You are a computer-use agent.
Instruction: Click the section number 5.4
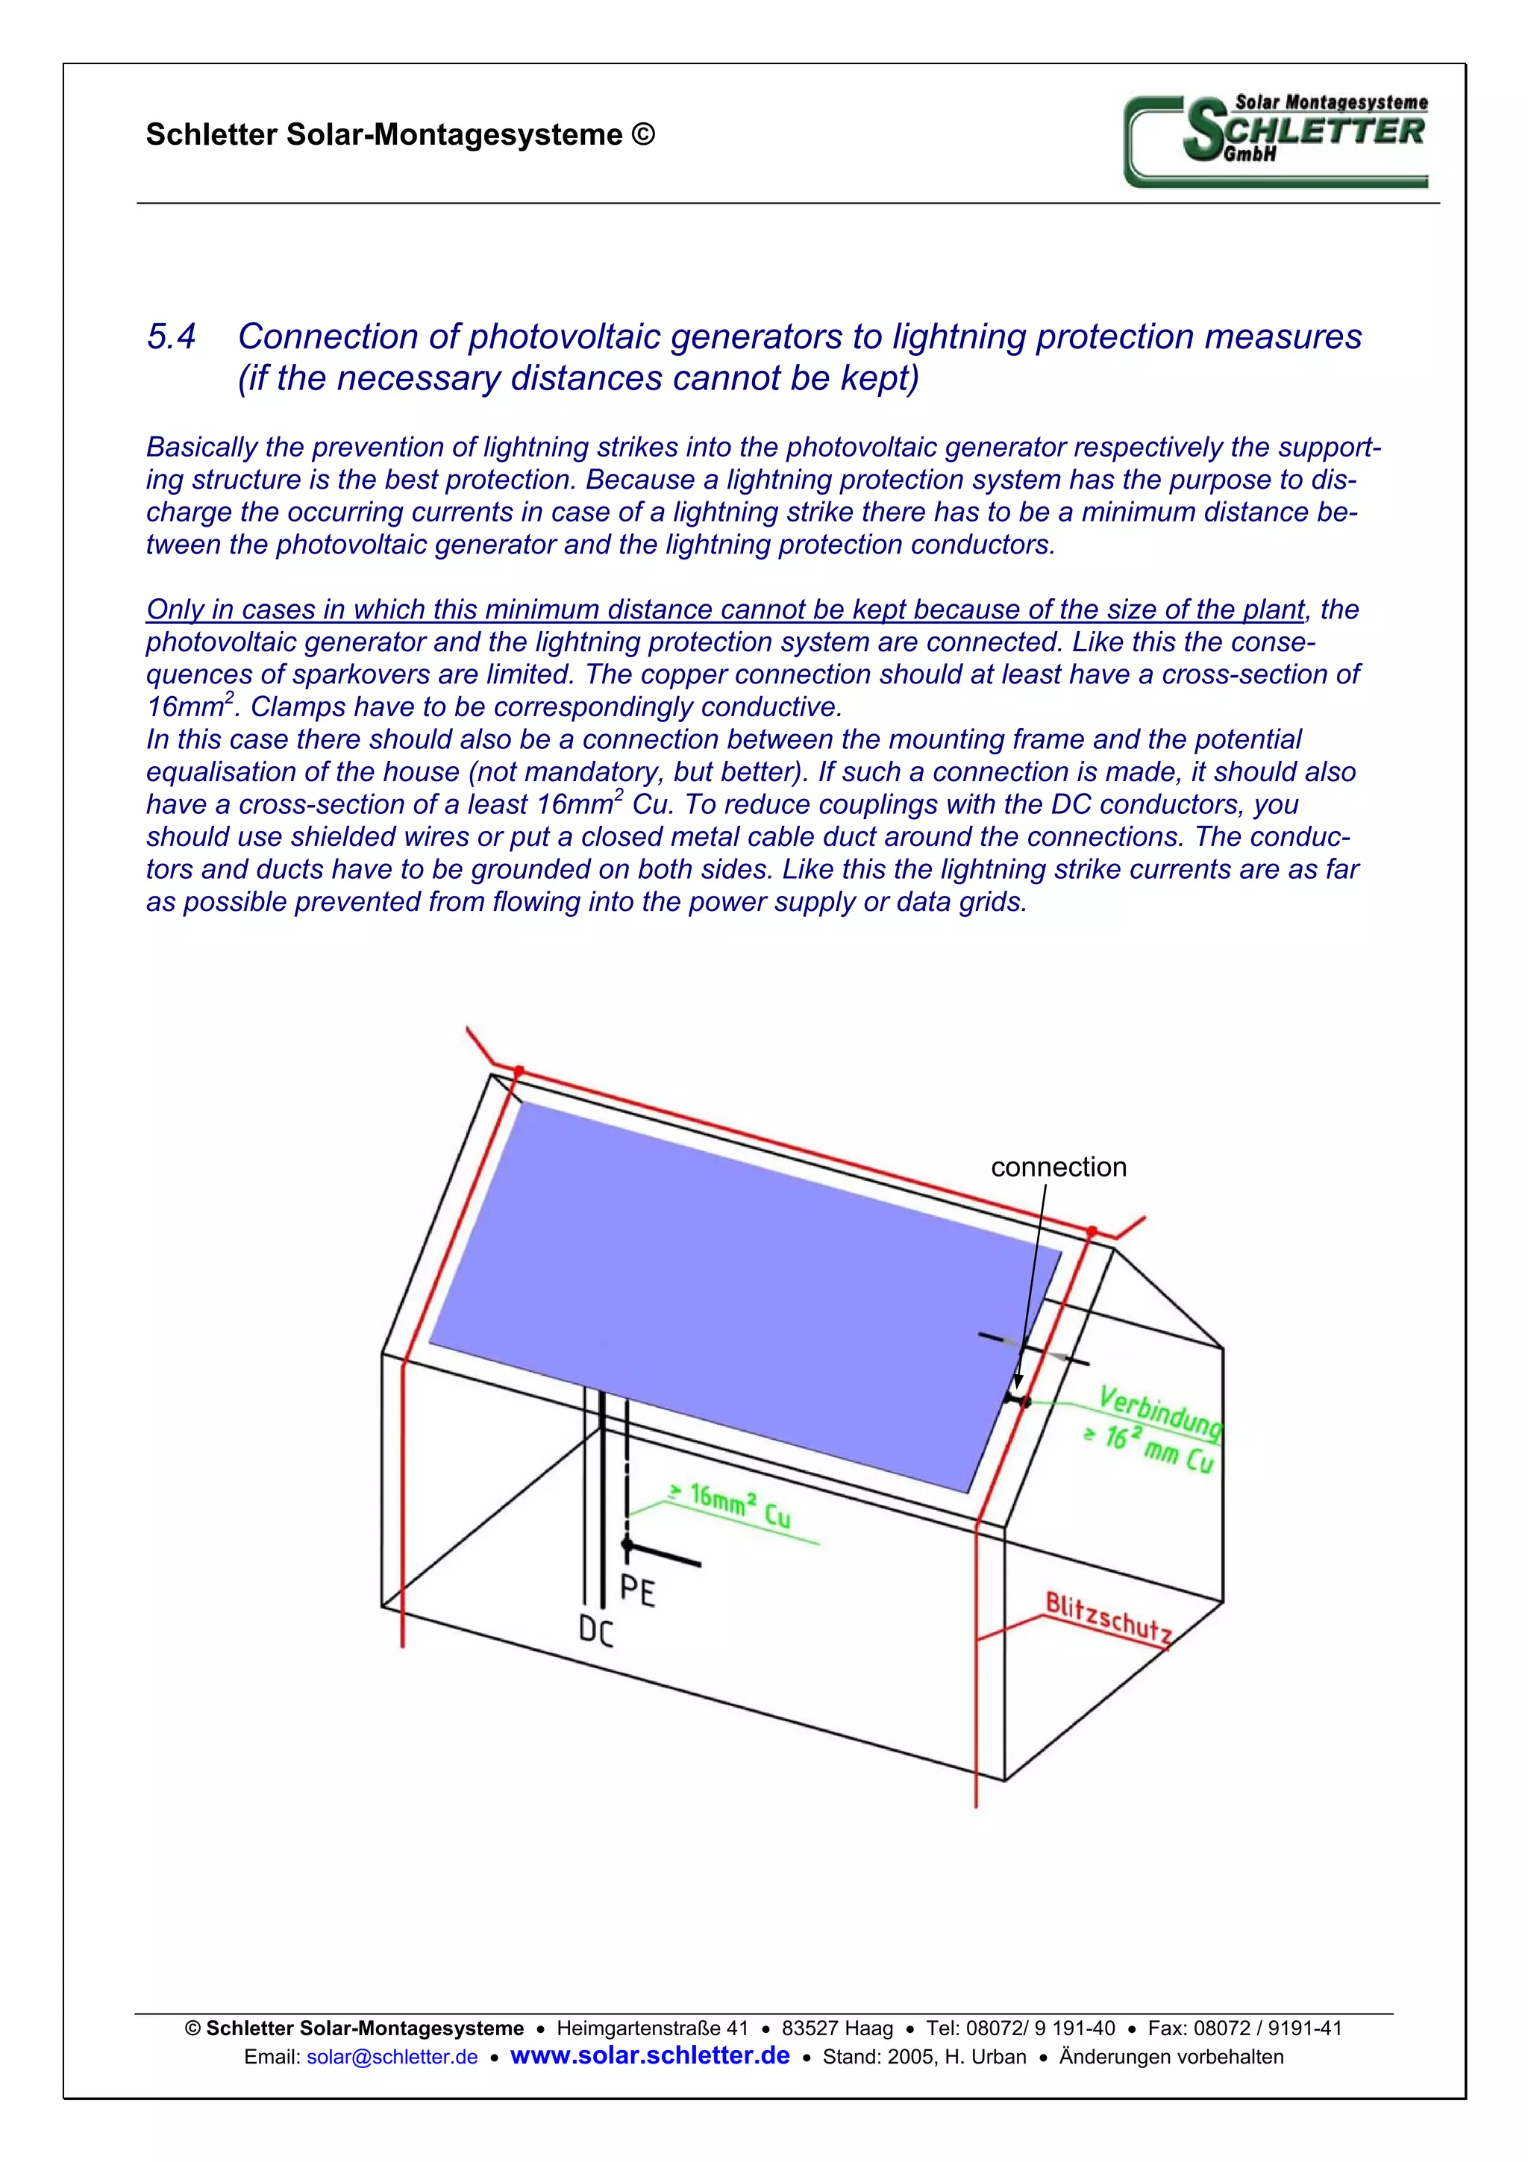[172, 336]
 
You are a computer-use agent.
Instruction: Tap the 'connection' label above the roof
[1057, 1167]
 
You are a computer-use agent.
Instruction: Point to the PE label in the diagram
[637, 1591]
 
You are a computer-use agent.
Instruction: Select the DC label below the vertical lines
[596, 1630]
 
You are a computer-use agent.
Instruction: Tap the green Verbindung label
[1159, 1412]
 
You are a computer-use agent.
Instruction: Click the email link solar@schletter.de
[392, 2057]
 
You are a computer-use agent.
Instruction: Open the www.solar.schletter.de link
[650, 2055]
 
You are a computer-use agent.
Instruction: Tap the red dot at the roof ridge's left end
[518, 1071]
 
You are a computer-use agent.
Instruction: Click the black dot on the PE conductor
[627, 1545]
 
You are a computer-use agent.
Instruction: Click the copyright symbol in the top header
[643, 134]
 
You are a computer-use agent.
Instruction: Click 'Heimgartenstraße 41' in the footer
[651, 2028]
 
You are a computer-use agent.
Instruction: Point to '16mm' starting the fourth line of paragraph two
[184, 707]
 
